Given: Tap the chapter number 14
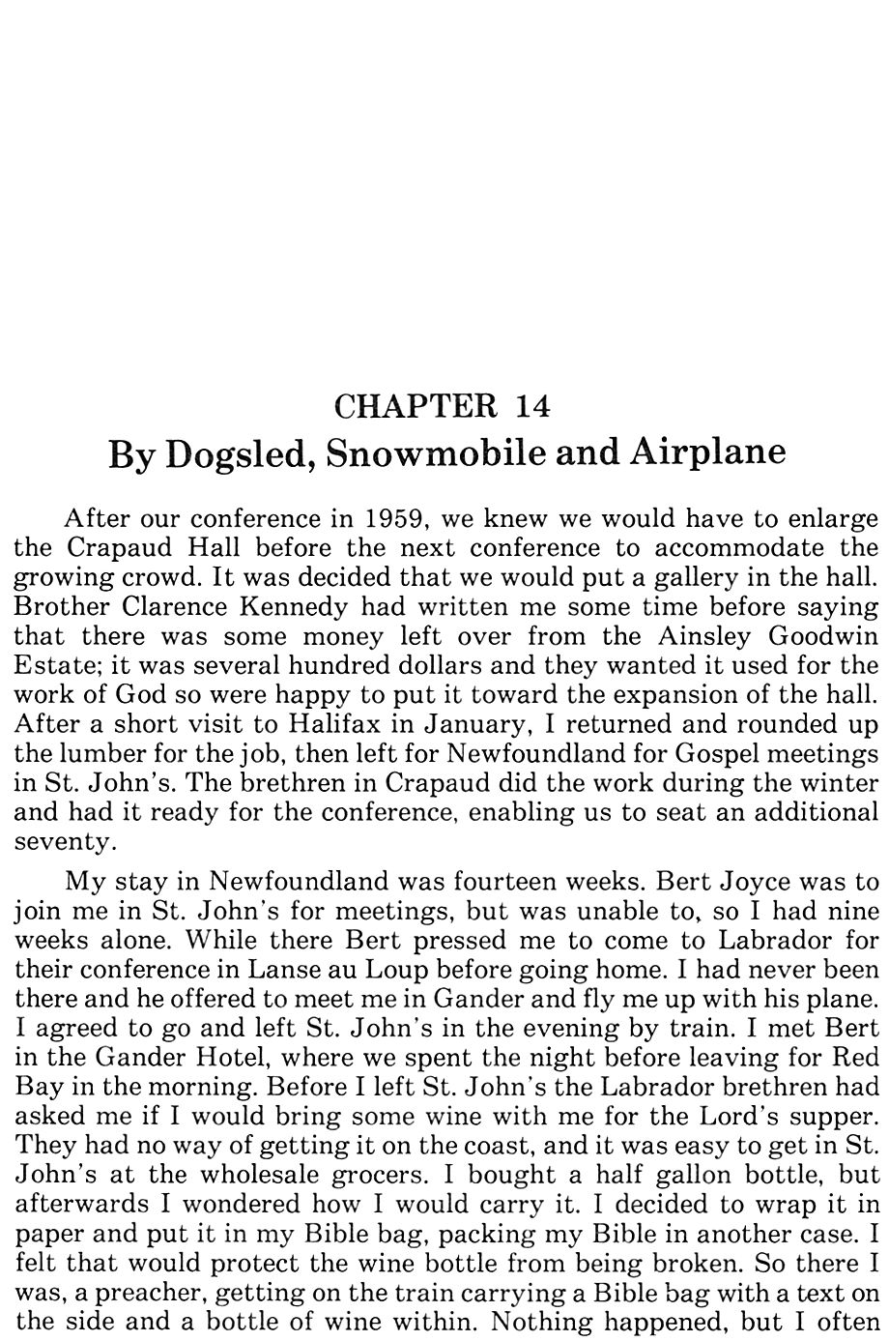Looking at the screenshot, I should point(532,406).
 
